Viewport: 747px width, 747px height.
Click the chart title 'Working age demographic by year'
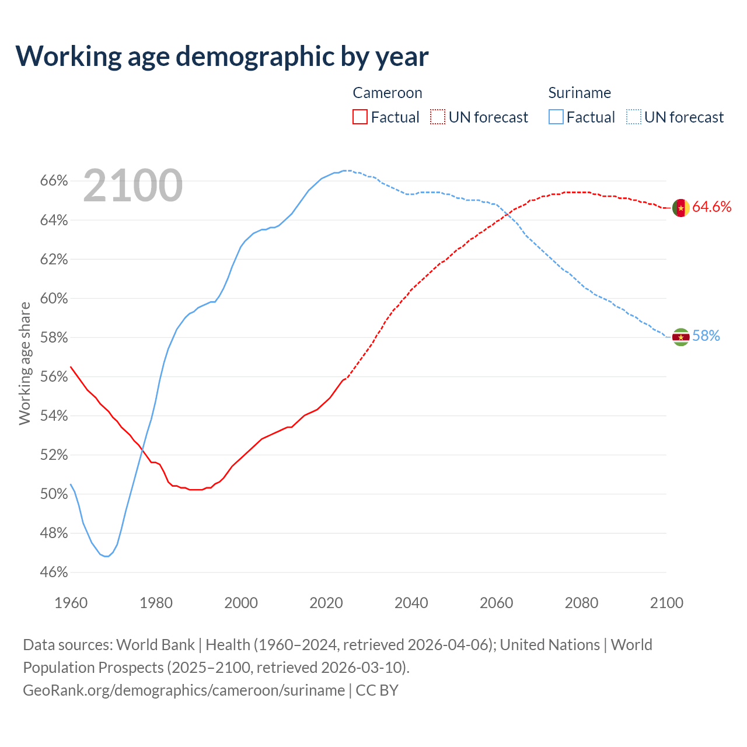pyautogui.click(x=222, y=57)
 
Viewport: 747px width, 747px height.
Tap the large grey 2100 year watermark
pyautogui.click(x=133, y=186)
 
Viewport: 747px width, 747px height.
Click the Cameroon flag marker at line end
pyautogui.click(x=680, y=208)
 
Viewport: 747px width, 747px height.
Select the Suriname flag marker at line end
pyautogui.click(x=680, y=337)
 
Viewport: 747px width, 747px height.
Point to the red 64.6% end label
pyautogui.click(x=711, y=207)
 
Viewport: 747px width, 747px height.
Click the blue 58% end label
pyautogui.click(x=706, y=336)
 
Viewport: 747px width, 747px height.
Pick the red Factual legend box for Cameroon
pyautogui.click(x=360, y=117)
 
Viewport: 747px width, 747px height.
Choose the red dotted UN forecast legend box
pyautogui.click(x=438, y=117)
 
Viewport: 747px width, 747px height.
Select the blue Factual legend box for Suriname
pyautogui.click(x=556, y=117)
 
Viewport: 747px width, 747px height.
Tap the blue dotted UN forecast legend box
pyautogui.click(x=633, y=117)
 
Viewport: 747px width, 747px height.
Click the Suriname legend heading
pyautogui.click(x=580, y=93)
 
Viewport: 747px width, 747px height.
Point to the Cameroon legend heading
pyautogui.click(x=387, y=93)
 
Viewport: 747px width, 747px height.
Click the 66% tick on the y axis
pyautogui.click(x=54, y=181)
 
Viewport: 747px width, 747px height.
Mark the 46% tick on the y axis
pyautogui.click(x=54, y=573)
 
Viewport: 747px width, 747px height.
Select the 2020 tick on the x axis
pyautogui.click(x=326, y=603)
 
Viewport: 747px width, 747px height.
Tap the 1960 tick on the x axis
pyautogui.click(x=71, y=603)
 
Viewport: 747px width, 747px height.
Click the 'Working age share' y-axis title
pyautogui.click(x=25, y=363)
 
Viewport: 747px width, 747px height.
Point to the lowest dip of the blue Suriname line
pyautogui.click(x=106, y=556)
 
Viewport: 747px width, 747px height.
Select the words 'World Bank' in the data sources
pyautogui.click(x=155, y=645)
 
